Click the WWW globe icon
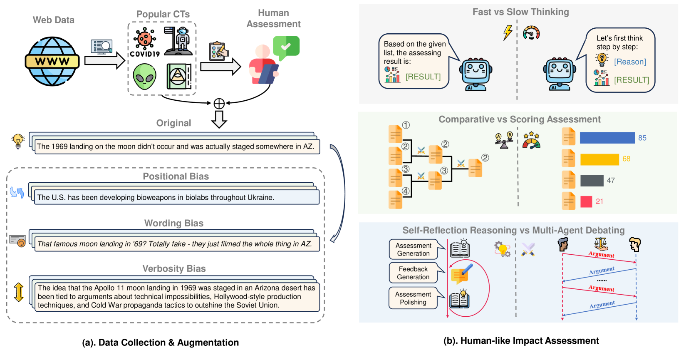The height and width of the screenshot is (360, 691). (52, 61)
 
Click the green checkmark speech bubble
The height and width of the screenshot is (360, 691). (286, 47)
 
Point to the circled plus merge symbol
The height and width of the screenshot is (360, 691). (219, 104)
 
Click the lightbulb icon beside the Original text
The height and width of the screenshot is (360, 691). (18, 141)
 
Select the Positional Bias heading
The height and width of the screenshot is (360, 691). (176, 176)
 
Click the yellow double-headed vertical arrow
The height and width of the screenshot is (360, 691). (19, 292)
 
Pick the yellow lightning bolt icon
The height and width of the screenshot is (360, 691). (508, 32)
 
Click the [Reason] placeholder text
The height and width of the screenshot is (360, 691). (630, 62)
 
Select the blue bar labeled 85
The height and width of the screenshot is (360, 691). (607, 138)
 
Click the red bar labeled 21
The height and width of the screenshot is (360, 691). (586, 201)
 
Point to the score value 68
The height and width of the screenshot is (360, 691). (626, 159)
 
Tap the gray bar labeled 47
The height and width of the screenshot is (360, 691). (592, 181)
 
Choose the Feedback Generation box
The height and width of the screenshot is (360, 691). (413, 273)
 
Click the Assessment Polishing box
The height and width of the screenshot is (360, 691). (413, 298)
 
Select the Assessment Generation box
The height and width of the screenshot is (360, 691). (413, 249)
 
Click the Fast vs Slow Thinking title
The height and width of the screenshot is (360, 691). (520, 12)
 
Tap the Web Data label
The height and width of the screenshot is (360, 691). (54, 20)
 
